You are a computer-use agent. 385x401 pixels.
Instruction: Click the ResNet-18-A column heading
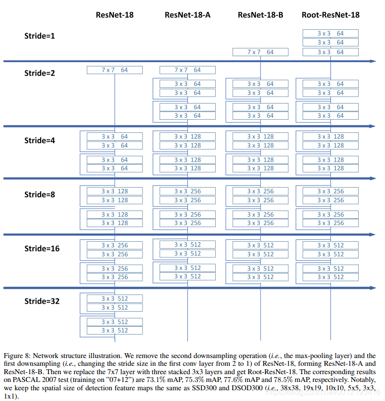coord(187,15)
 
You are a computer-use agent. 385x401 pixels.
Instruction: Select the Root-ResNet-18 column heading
coord(330,15)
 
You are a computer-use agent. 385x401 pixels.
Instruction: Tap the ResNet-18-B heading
coord(260,15)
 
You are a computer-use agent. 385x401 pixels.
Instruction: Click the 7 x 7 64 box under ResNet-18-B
coord(260,52)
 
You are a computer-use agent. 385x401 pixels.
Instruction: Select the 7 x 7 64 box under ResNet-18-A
coord(187,70)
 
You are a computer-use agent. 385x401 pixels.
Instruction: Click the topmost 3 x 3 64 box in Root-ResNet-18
coord(330,33)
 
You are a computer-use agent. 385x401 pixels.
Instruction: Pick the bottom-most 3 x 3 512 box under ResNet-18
coord(115,330)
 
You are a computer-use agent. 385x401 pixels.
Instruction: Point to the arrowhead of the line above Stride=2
coord(373,61)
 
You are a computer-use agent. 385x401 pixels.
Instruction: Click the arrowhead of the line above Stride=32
coord(373,288)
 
